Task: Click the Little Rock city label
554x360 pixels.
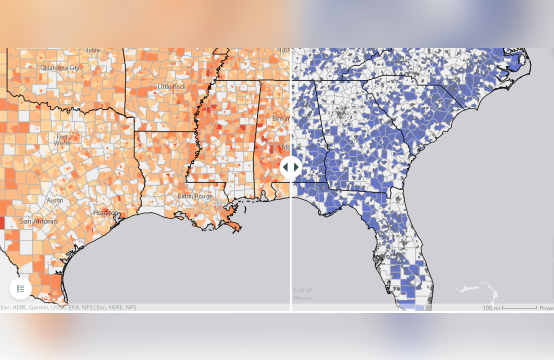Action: click(x=171, y=87)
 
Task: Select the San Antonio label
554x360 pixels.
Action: click(x=39, y=220)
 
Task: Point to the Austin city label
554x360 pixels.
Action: click(x=55, y=200)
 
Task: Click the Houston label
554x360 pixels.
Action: click(x=103, y=213)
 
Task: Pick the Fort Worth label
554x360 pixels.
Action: click(x=64, y=140)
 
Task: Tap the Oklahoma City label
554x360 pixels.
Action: click(x=59, y=67)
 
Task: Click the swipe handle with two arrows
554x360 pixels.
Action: click(x=290, y=167)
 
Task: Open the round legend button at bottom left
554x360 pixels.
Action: click(x=21, y=288)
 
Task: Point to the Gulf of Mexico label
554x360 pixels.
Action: click(x=303, y=294)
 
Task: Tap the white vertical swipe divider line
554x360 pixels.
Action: click(x=290, y=250)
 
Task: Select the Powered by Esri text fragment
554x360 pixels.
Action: click(x=546, y=307)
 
